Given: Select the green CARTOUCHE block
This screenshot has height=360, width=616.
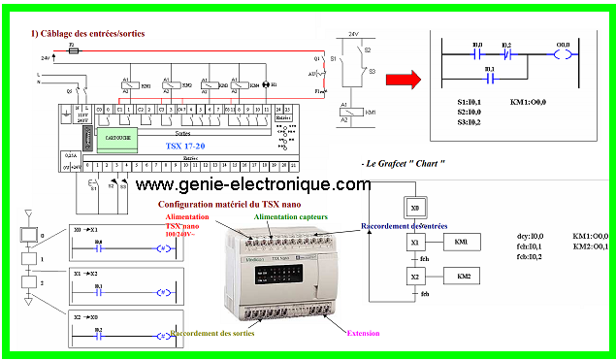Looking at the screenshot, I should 113,140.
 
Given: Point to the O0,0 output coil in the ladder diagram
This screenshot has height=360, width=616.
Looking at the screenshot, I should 562,55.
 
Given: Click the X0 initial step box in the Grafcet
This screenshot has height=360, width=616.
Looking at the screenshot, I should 415,209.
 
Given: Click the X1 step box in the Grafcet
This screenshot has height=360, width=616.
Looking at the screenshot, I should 415,242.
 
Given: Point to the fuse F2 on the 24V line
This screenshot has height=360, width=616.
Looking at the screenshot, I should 71,49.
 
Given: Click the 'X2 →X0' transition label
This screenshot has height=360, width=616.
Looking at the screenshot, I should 86,316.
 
